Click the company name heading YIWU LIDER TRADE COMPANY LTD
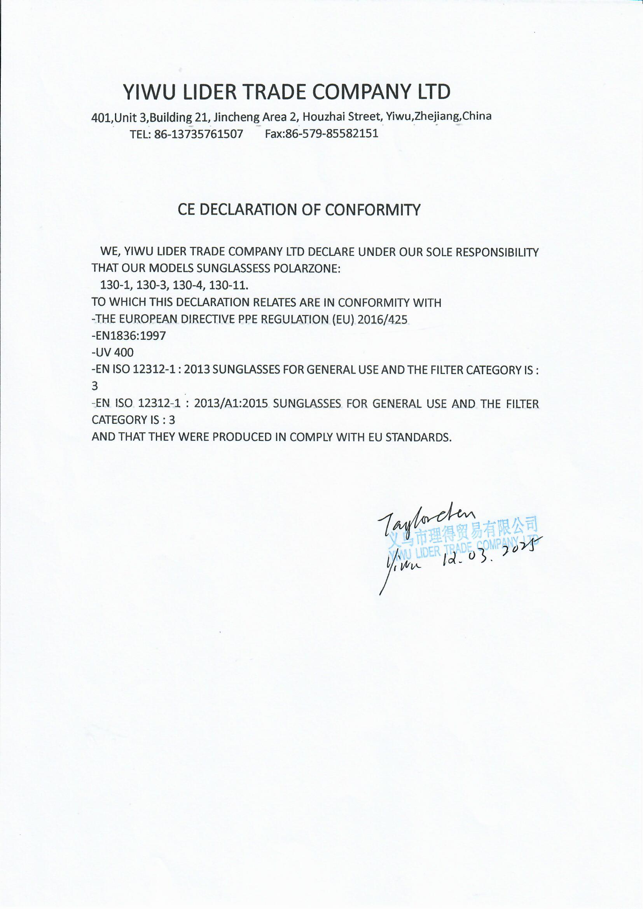286,92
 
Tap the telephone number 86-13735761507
198,134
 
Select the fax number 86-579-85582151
332,133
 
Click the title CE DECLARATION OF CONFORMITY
299,210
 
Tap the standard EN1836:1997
129,336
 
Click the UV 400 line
113,352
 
